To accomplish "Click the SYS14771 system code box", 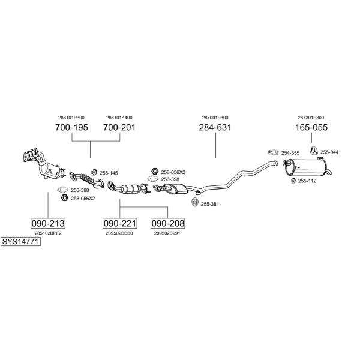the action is click(20, 242).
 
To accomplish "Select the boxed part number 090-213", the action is click(48, 223).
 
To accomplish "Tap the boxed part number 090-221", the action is click(119, 223).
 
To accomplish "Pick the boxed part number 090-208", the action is click(168, 223).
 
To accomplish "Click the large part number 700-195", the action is click(71, 127).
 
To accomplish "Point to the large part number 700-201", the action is click(119, 127).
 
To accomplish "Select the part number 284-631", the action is click(215, 127).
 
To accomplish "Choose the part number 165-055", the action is click(311, 127).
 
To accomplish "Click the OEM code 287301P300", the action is click(311, 118).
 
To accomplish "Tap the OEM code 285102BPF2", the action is click(48, 233).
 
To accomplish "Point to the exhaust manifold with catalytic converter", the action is click(44, 164).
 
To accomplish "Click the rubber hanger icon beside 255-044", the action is click(314, 151).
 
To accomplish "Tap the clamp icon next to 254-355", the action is click(274, 152).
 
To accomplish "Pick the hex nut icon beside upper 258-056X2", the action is click(155, 171).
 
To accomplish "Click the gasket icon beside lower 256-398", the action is click(62, 190).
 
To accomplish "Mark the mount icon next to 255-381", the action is click(195, 202).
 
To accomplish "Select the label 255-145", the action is click(109, 173).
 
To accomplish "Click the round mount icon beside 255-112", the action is click(293, 181).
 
